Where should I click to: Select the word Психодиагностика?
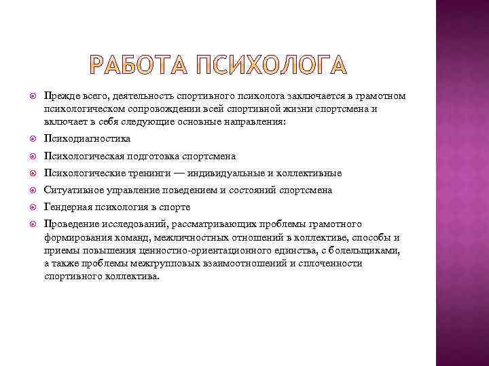[x=87, y=138]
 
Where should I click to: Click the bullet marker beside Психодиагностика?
[x=26, y=138]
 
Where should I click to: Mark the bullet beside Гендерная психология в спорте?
[x=26, y=207]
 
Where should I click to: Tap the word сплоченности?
[x=327, y=263]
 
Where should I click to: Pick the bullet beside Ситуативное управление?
[x=26, y=190]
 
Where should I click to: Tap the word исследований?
[x=137, y=224]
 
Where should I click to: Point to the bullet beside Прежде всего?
[x=26, y=96]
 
